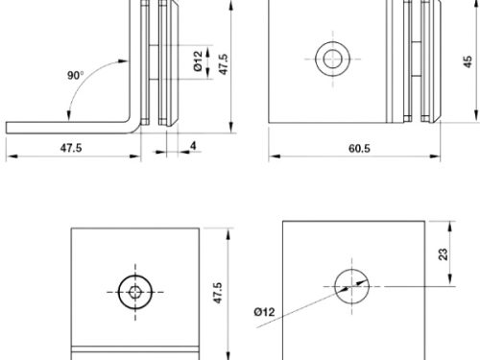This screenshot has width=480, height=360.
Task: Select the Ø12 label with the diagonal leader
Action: (265, 310)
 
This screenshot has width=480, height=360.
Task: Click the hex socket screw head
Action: (133, 291)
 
